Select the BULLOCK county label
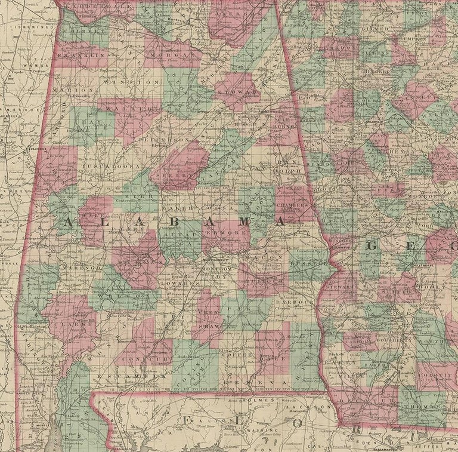coord(270,279)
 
